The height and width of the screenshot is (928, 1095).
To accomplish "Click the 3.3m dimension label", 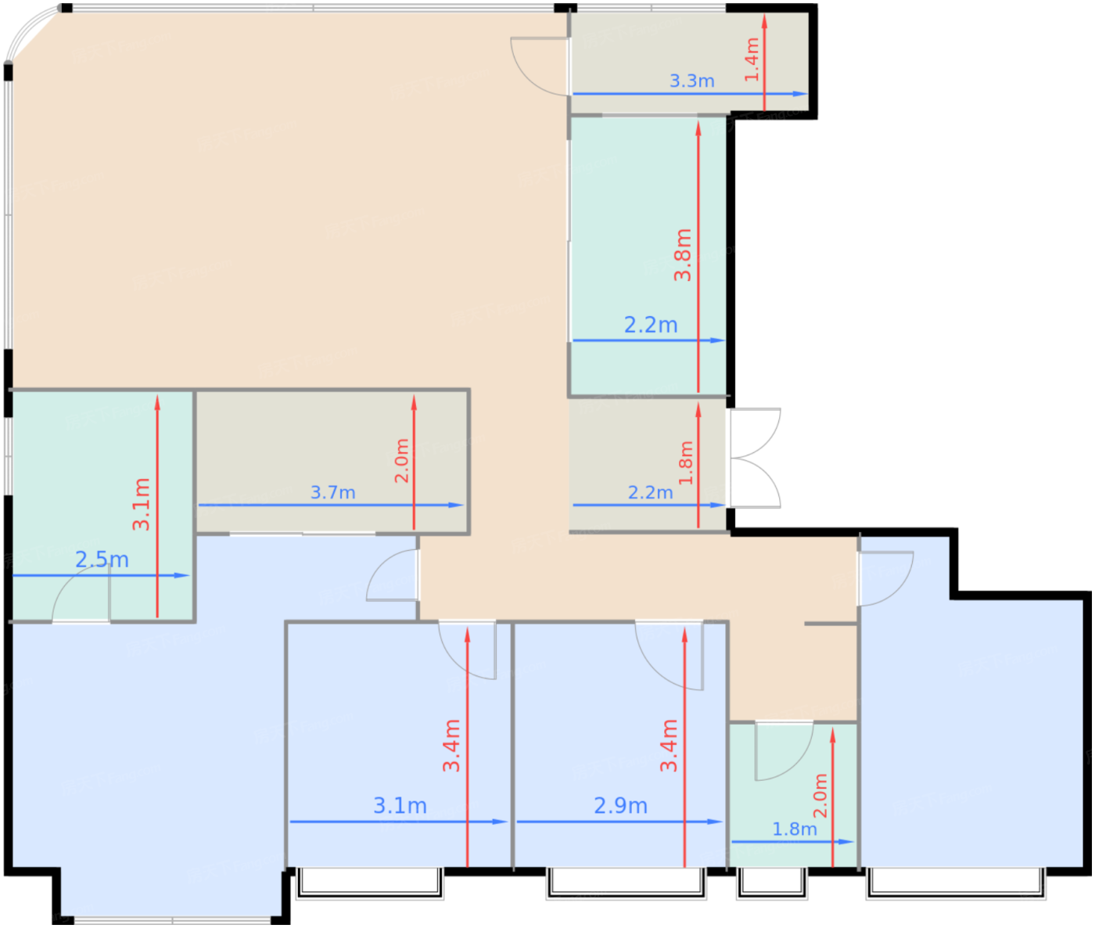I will [691, 81].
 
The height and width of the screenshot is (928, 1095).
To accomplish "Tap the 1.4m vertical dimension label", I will [752, 59].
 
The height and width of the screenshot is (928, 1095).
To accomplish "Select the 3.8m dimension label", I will [683, 255].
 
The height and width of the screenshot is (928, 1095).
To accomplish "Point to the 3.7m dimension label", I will [332, 492].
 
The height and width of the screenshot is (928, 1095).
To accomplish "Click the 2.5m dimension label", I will [102, 559].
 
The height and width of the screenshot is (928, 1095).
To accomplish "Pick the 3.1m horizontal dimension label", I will [400, 805].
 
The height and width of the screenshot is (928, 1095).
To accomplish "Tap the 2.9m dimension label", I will [620, 805].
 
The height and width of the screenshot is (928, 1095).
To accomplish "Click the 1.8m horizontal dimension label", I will [794, 829].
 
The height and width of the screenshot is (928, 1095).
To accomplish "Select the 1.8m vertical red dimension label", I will [686, 463].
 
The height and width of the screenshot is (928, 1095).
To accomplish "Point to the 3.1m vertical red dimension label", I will [142, 505].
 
